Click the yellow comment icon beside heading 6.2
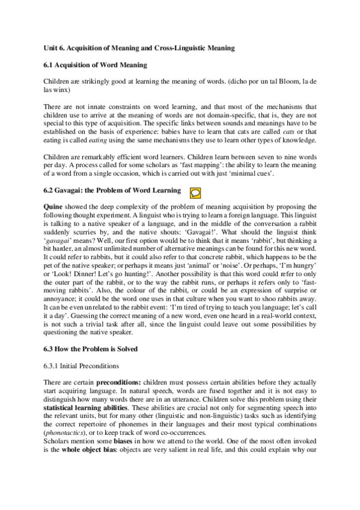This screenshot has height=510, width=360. pos(195,192)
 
